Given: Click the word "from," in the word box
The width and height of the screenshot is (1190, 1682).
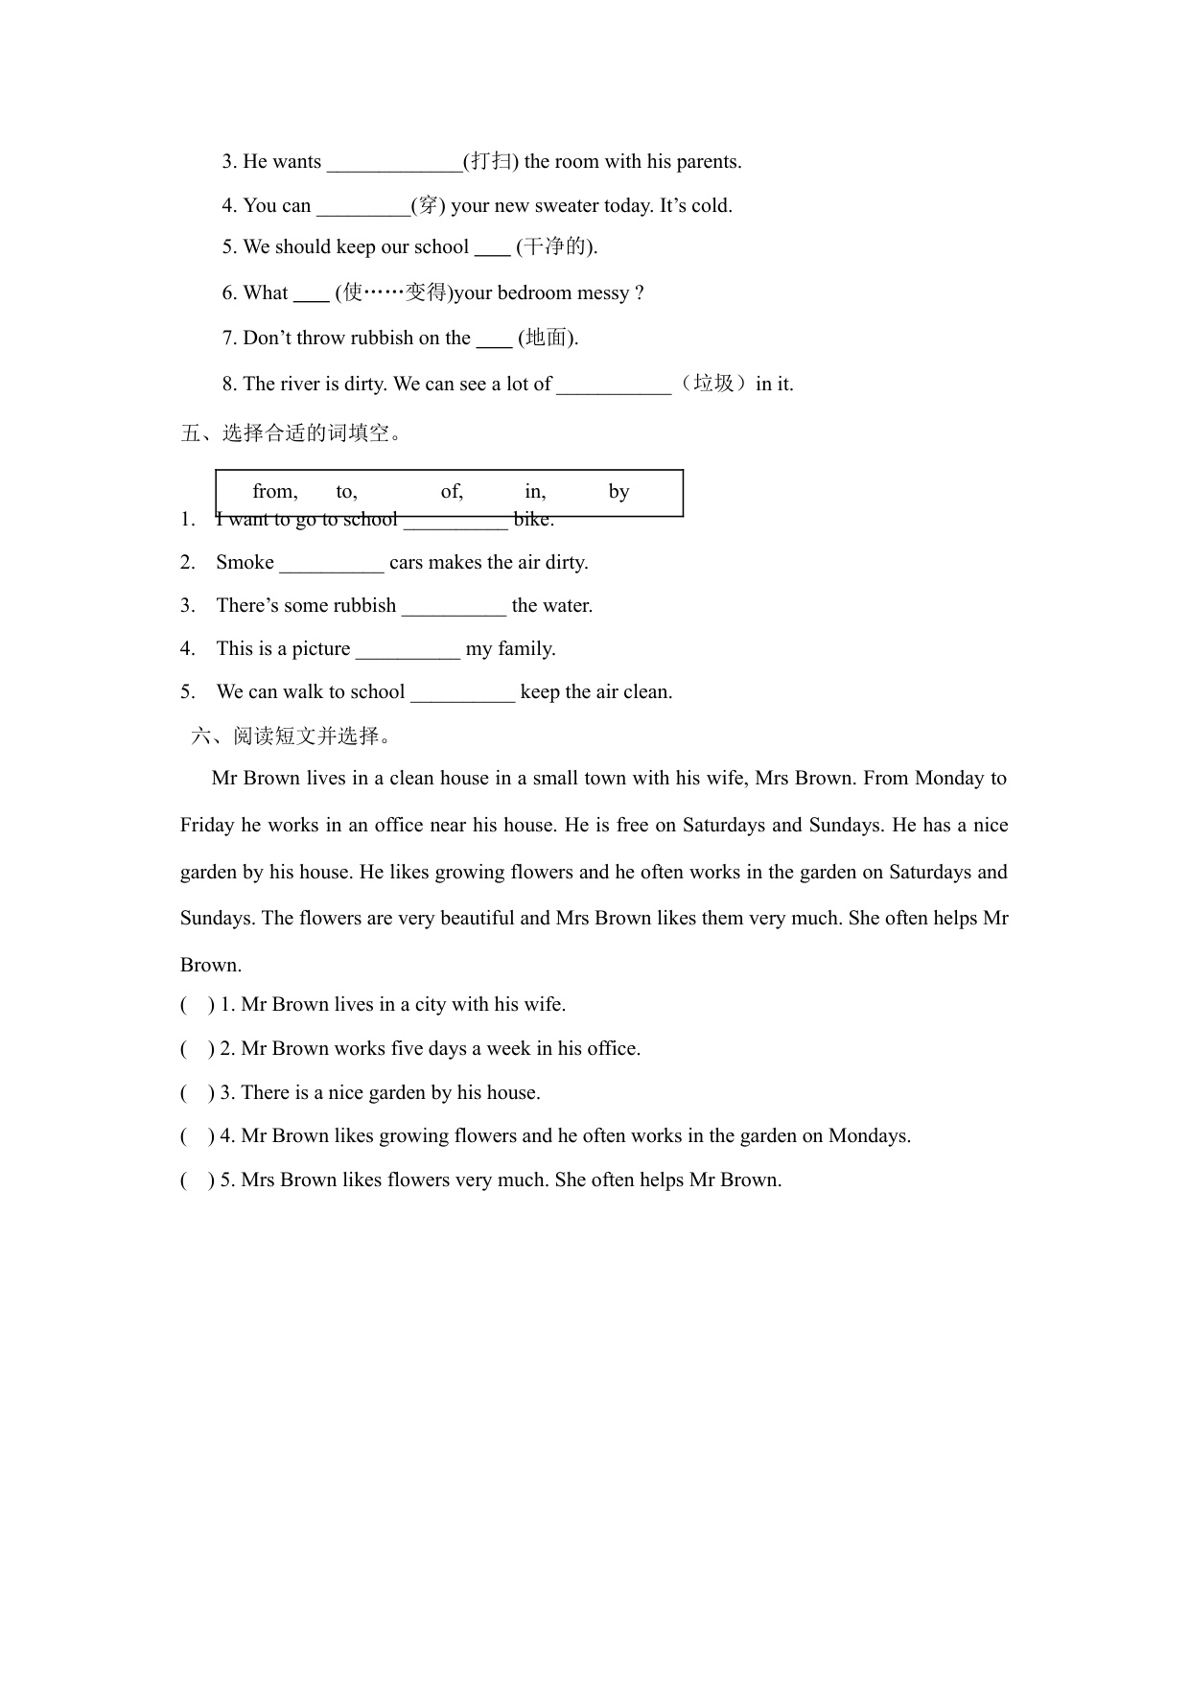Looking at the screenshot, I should pos(274,492).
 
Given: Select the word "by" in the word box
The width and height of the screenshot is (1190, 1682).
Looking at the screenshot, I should pos(618,492).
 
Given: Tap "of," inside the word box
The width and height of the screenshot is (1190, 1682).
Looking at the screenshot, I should pos(452,492).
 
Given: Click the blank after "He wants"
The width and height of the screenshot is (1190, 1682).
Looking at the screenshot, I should pos(394,163).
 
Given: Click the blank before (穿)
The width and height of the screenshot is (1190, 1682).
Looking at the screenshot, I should pos(362,207).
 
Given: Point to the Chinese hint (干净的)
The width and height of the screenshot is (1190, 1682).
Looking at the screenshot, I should pos(556,247).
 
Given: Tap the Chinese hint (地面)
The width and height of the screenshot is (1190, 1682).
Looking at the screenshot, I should pos(548,338).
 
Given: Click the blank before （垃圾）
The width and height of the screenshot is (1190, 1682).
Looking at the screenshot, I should pos(614,385).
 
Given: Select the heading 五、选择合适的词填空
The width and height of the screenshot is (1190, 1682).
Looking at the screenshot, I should pos(292,433).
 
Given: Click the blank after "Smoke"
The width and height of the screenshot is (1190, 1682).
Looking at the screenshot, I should pos(331,564).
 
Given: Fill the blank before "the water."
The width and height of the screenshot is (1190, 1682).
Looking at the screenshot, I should pos(454,607).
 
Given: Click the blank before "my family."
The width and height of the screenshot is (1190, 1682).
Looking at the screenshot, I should pos(408,650).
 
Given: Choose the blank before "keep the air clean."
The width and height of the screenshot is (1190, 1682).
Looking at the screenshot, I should pos(462,693).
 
